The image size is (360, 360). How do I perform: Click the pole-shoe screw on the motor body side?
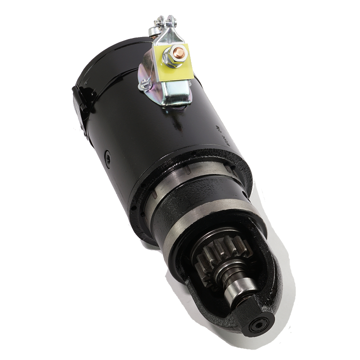click(107, 159)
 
